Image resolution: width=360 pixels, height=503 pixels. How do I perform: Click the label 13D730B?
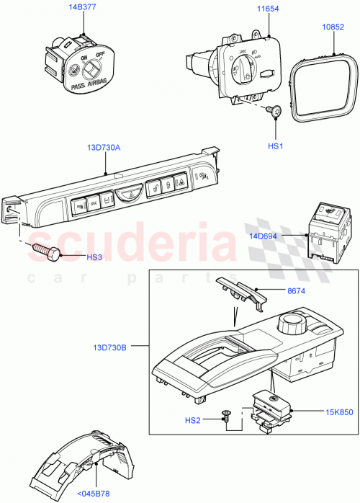click(107, 347)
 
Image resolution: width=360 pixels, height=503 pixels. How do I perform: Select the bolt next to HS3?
click(46, 252)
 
